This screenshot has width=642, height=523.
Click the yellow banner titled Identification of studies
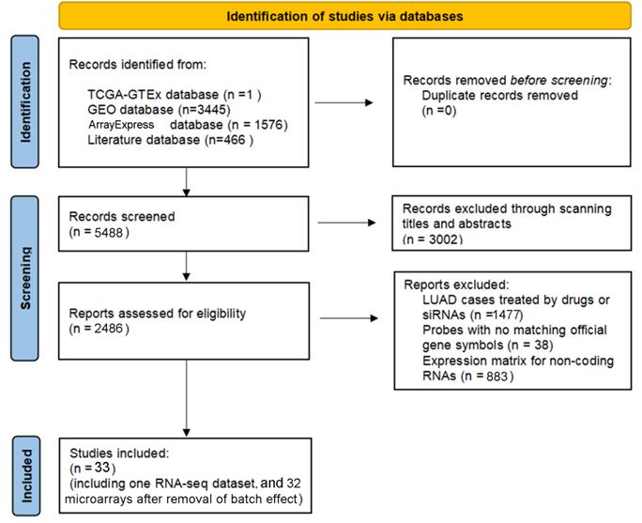click(344, 16)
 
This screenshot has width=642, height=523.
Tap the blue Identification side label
click(25, 102)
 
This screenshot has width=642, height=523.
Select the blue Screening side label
click(25, 278)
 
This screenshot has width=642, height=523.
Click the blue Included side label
click(25, 475)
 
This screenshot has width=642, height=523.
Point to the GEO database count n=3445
click(205, 110)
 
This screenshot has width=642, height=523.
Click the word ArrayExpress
click(121, 125)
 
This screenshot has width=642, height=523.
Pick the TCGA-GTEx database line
click(175, 95)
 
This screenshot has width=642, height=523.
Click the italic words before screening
click(558, 80)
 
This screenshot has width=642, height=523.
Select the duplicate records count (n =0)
click(439, 111)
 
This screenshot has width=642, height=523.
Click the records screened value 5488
click(109, 233)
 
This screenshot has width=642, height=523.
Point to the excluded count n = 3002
click(433, 239)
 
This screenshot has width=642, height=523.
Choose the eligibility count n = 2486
click(99, 329)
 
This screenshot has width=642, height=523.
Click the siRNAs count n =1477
click(497, 315)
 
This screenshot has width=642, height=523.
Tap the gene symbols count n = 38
click(530, 346)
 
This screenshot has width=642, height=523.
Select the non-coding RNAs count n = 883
click(487, 376)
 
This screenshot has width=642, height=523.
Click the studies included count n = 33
click(93, 468)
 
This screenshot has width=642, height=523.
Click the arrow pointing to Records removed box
click(344, 102)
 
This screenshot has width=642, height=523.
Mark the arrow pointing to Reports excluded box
click(349, 318)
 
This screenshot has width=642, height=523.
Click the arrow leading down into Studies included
click(186, 398)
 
